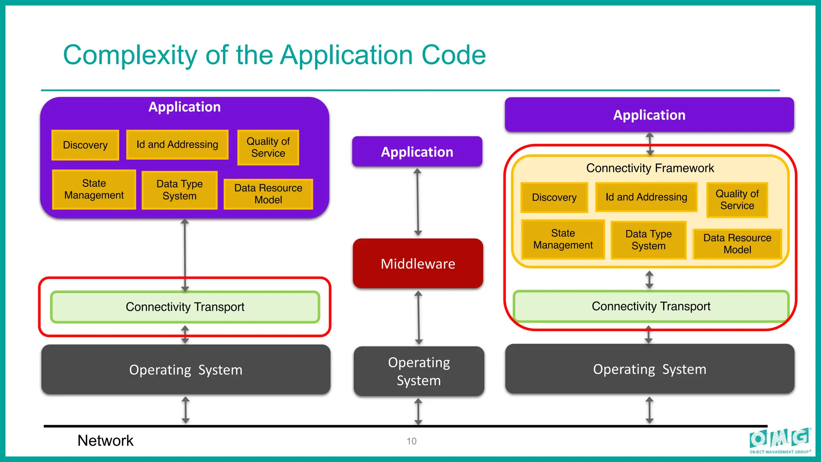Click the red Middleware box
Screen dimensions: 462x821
point(418,263)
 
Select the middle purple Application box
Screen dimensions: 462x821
point(417,152)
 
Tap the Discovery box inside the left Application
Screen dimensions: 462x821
point(85,145)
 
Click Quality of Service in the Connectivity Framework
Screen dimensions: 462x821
point(737,200)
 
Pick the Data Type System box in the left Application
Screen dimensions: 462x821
point(179,190)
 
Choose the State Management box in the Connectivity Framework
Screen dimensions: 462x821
point(563,239)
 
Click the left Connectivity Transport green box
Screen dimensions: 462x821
point(185,307)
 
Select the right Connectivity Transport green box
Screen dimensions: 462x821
point(651,306)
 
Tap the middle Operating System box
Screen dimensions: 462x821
point(419,371)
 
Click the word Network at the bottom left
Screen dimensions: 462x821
point(105,440)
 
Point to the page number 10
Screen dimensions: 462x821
point(411,441)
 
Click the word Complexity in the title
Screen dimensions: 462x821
point(130,55)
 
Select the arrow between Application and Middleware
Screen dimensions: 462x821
point(418,202)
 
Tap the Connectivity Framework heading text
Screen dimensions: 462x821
point(650,168)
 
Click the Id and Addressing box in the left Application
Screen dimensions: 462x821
point(177,144)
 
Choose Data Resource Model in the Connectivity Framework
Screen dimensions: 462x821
point(737,244)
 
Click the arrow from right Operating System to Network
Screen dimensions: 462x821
point(649,410)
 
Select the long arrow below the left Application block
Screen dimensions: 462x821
point(185,255)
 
